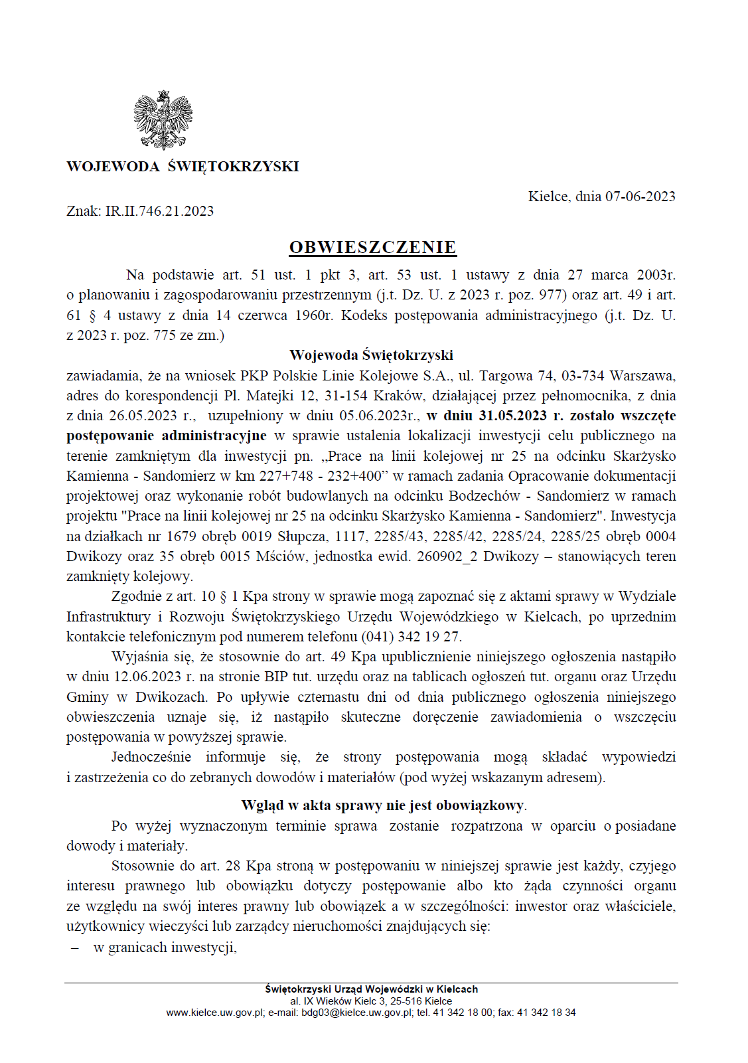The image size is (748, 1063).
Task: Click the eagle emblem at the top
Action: click(x=163, y=120)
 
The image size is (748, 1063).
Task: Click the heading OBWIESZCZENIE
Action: click(x=372, y=247)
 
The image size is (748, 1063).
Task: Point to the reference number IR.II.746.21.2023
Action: click(x=159, y=211)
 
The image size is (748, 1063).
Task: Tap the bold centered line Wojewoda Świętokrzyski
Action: click(x=371, y=355)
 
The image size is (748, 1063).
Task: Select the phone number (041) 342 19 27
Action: click(x=411, y=636)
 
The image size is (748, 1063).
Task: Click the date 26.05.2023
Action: click(x=143, y=416)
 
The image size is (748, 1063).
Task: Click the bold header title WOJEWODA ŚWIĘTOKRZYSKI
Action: click(x=183, y=167)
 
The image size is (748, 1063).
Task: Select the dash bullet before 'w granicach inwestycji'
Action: click(x=75, y=947)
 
